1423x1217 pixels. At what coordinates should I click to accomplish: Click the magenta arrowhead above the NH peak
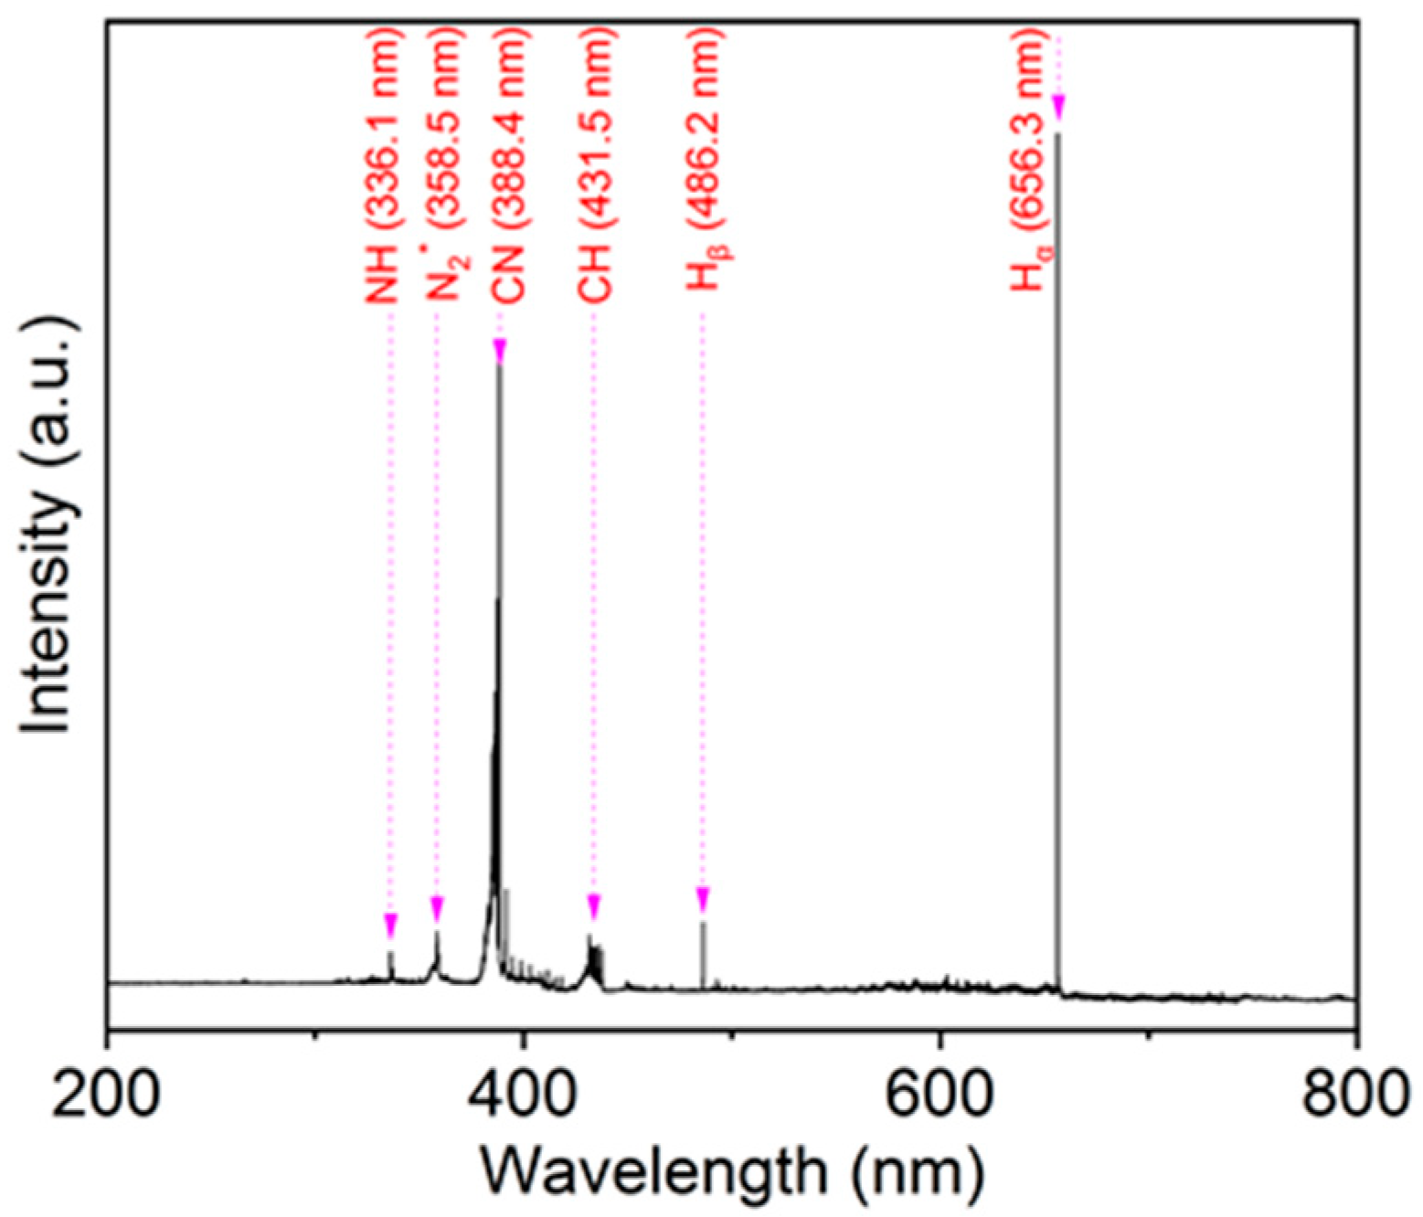click(x=390, y=925)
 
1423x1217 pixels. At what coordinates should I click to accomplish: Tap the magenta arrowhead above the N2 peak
click(x=437, y=908)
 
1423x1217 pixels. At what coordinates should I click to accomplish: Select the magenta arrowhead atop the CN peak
click(x=499, y=350)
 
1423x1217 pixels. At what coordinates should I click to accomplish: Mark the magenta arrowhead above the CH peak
click(x=594, y=906)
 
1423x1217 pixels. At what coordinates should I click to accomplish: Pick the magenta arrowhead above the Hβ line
click(x=703, y=899)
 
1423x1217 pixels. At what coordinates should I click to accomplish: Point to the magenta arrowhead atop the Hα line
click(x=1058, y=106)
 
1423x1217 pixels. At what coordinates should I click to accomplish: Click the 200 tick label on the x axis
click(x=106, y=1093)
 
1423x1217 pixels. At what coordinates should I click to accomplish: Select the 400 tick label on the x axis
click(x=523, y=1093)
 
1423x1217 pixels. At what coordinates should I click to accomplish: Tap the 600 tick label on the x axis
click(x=940, y=1093)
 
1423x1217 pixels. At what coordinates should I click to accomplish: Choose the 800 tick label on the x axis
click(x=1354, y=1093)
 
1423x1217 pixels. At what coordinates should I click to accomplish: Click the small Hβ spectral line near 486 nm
click(x=703, y=955)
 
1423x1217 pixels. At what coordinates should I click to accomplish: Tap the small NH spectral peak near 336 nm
click(x=391, y=965)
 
